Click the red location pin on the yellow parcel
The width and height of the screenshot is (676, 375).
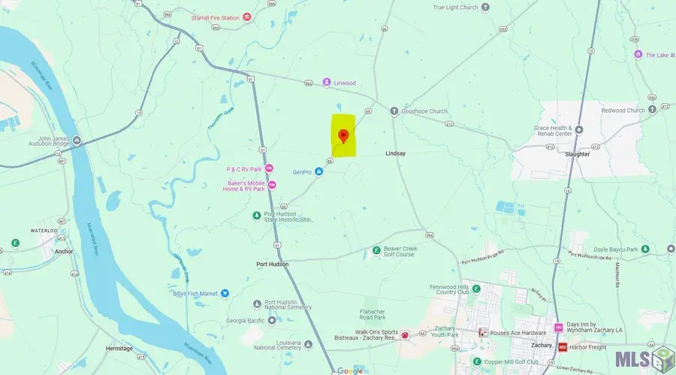[x=343, y=136]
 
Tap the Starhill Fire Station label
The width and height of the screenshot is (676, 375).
[x=216, y=17]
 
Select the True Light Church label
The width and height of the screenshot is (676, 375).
[x=455, y=8]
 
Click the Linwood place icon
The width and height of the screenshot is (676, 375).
[x=327, y=82]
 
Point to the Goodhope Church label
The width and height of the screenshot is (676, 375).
[x=424, y=111]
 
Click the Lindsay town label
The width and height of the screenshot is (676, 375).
[x=395, y=153]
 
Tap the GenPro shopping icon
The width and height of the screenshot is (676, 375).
[x=319, y=172]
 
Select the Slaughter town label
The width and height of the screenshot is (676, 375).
[x=578, y=154]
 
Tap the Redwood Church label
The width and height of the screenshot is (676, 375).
[x=623, y=110]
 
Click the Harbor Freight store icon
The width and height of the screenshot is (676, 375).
[x=562, y=347]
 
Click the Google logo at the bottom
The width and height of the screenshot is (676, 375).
[x=350, y=370]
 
